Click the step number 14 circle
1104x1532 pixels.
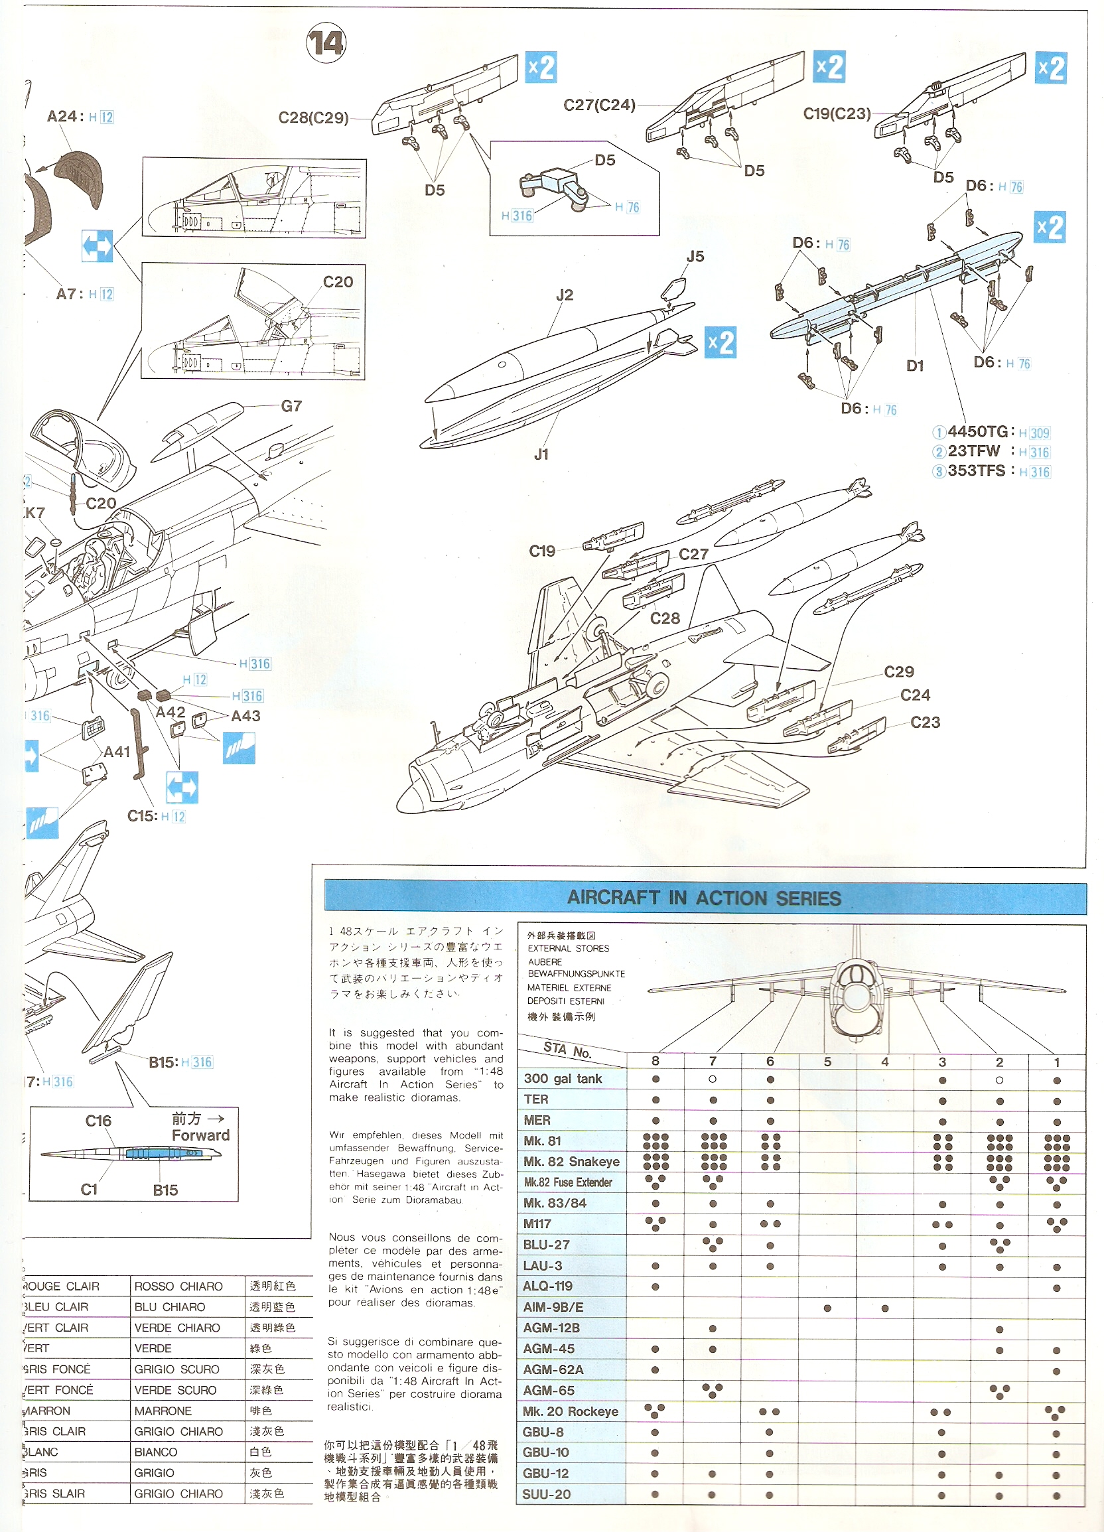(326, 43)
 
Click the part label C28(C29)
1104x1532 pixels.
(314, 118)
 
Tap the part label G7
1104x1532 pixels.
(291, 406)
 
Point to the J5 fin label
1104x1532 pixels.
(695, 257)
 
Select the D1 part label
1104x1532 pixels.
(914, 366)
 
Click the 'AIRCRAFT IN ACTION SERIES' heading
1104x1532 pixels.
(704, 898)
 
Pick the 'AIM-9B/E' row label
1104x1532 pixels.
(553, 1307)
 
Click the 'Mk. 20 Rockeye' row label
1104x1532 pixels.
(570, 1411)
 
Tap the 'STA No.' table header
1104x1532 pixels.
(567, 1050)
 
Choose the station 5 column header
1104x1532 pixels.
(827, 1062)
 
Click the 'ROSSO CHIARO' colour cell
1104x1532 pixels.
(178, 1286)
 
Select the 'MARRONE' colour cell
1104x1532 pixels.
(163, 1411)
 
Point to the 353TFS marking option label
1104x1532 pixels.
(977, 471)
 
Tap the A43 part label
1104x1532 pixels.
(245, 716)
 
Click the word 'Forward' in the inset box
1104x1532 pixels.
(200, 1135)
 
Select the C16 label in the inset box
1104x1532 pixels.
(98, 1121)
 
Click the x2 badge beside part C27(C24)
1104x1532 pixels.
(829, 67)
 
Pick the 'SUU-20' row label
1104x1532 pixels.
(546, 1494)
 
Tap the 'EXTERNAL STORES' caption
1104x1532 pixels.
(568, 948)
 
